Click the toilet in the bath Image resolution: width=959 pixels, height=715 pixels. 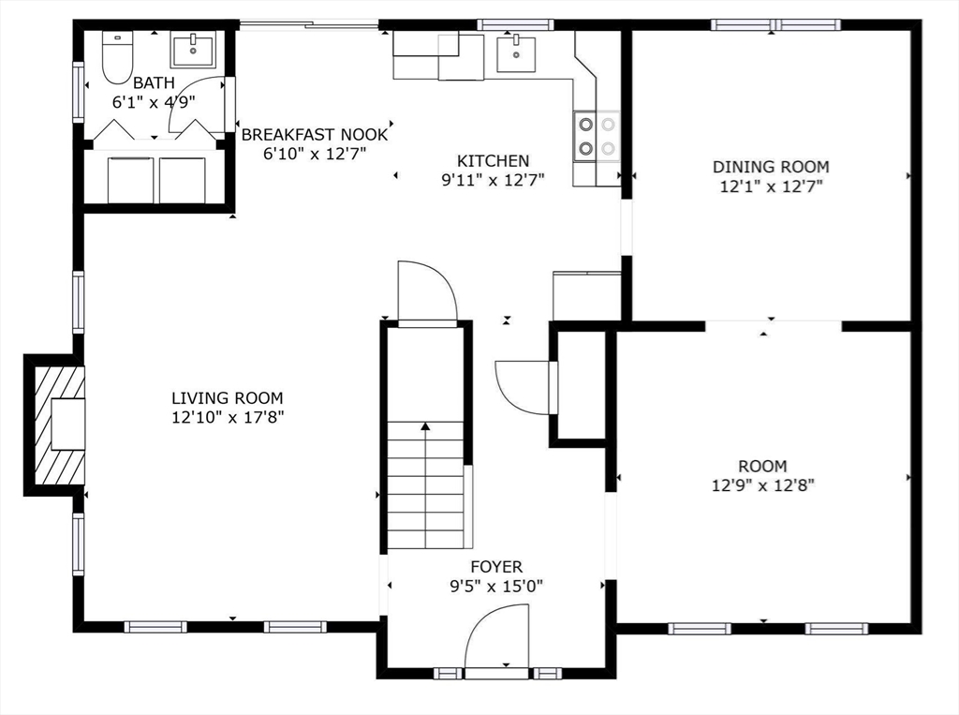point(117,58)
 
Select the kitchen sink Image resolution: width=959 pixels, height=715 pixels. point(516,53)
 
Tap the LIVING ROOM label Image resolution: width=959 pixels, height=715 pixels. point(228,398)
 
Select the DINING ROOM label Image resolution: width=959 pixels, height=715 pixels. point(771,167)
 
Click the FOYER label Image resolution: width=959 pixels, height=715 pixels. point(496,567)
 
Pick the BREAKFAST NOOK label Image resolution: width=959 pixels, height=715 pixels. point(315,135)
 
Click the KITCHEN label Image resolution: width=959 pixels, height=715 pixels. point(493,161)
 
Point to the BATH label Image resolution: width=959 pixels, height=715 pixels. point(155,82)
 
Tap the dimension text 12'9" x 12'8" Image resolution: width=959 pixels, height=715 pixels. point(762,485)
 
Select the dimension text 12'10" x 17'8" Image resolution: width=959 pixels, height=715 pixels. point(228,418)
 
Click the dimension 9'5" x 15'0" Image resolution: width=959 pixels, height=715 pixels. point(496,587)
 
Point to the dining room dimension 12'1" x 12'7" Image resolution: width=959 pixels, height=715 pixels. point(771,186)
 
